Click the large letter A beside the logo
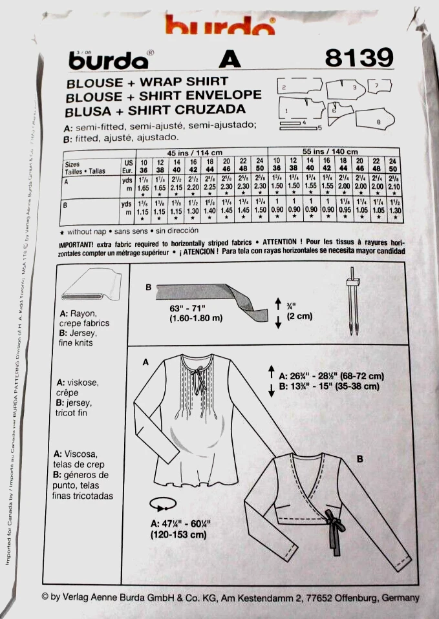click(x=230, y=60)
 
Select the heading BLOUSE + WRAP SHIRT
click(x=148, y=81)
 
